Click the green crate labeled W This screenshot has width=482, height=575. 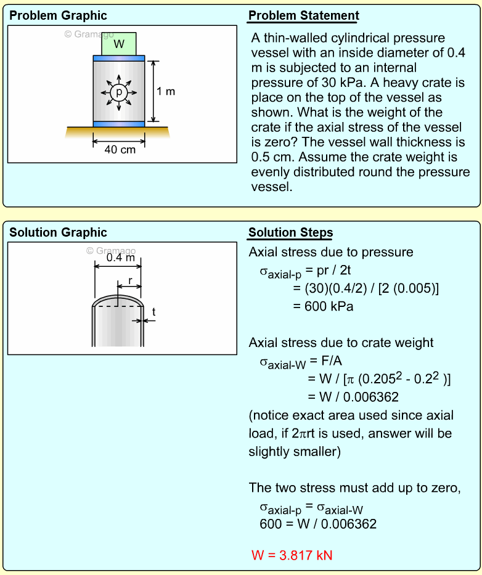[x=119, y=44]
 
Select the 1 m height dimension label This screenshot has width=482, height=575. [x=166, y=92]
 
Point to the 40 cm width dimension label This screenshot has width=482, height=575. [x=119, y=150]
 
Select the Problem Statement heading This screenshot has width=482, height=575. [x=303, y=16]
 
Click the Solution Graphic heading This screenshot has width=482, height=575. [x=58, y=232]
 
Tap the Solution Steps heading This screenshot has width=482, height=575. [x=290, y=232]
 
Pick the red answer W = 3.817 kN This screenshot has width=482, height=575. [x=292, y=555]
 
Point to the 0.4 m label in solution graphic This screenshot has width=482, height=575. [x=120, y=258]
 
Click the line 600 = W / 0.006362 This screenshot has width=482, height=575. [x=318, y=524]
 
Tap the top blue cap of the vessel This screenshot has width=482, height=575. [x=119, y=58]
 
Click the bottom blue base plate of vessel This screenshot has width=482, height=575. [x=119, y=124]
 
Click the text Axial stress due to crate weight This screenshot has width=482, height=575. [x=341, y=343]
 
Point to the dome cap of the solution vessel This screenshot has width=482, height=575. [x=118, y=301]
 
